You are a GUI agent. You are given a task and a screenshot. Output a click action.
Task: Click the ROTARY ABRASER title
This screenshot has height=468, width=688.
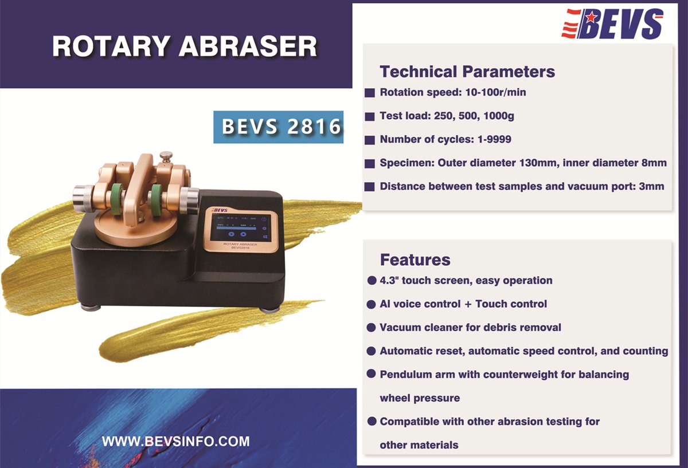coord(184,46)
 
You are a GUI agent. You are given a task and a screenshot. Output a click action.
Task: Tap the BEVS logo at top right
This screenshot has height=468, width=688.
coord(612,25)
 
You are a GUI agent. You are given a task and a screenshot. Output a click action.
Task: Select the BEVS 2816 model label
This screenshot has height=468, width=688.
coord(278,127)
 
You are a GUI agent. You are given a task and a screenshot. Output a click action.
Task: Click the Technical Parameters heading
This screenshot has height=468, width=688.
coord(467,72)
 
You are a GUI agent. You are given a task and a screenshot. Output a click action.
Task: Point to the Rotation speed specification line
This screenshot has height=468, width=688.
coord(452,92)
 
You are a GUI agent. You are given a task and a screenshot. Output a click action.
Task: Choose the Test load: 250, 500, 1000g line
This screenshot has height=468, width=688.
coord(447,116)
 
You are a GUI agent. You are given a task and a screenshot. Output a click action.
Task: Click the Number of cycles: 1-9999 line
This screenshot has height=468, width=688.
coord(445,139)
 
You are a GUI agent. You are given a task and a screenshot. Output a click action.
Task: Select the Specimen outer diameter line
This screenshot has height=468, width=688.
coord(522,163)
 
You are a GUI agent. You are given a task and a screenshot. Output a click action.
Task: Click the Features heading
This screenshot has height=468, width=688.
coord(415,259)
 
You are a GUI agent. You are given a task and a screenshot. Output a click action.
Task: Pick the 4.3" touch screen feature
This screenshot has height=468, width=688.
coord(466,280)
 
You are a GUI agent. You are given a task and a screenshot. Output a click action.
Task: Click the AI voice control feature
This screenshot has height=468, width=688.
coord(463,304)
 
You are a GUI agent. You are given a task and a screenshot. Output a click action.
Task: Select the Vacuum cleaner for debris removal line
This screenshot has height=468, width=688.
coord(470,327)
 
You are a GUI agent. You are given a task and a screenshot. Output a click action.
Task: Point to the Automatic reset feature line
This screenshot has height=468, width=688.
coord(523,351)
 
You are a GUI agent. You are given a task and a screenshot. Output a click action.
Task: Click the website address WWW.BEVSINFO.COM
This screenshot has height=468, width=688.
coord(175,441)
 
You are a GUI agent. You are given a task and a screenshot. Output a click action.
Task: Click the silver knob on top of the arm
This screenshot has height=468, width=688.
coord(166,156)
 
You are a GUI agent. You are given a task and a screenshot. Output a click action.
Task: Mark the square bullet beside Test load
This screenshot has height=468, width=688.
coord(370,116)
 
